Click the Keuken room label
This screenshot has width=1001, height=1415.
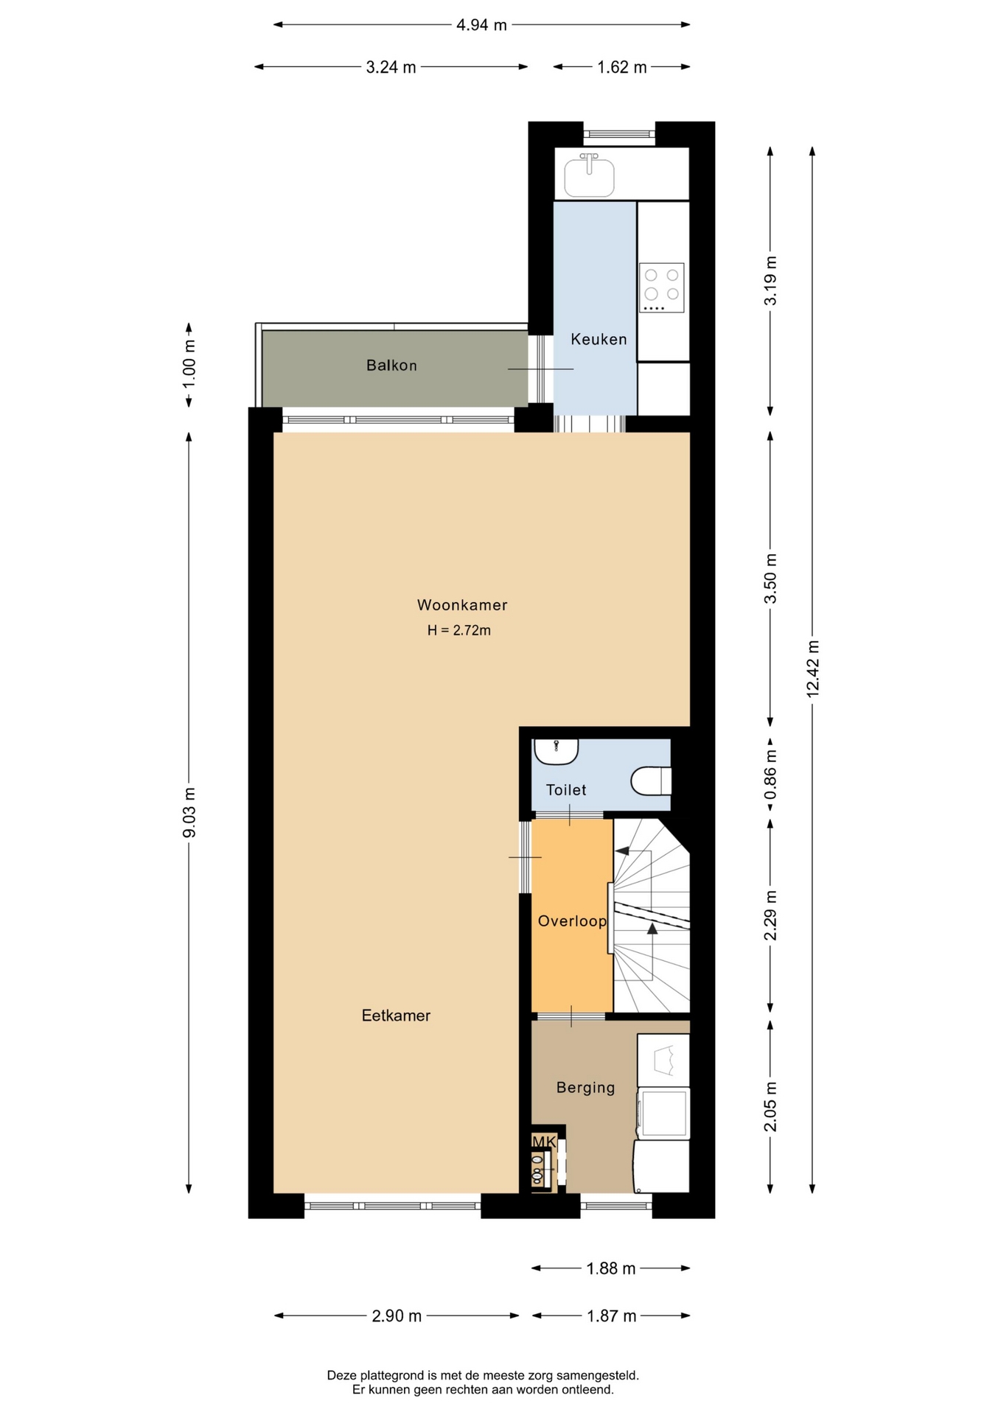point(599,339)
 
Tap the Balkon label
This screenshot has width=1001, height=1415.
point(391,366)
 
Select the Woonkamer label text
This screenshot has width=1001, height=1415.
point(462,605)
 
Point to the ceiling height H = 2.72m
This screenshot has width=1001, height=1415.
point(459,630)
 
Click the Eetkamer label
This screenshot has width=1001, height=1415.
point(396,1016)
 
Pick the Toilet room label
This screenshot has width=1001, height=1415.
point(566,790)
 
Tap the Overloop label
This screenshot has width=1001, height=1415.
point(572,921)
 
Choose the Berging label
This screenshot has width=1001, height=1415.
point(585,1088)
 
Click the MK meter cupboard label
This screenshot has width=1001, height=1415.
point(544,1142)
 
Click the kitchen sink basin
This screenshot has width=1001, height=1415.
point(589,178)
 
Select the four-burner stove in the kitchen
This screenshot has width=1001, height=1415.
point(661,287)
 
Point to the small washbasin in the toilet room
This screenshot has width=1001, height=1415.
point(557,752)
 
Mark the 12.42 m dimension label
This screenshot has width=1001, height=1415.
point(812,669)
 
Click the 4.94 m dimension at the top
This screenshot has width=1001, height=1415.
point(481,25)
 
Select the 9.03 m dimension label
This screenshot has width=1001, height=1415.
point(189,812)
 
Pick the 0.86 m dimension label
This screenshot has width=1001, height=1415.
point(770,775)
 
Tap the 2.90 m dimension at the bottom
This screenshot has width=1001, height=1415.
point(397,1316)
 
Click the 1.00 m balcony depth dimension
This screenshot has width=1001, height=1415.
point(189,365)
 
